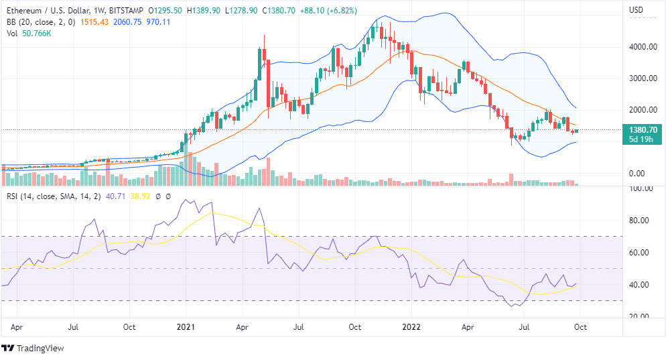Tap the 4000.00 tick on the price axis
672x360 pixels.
(641, 47)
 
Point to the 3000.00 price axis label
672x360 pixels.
(641, 78)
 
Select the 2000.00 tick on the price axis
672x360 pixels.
(641, 110)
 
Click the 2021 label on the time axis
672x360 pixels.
(186, 328)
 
